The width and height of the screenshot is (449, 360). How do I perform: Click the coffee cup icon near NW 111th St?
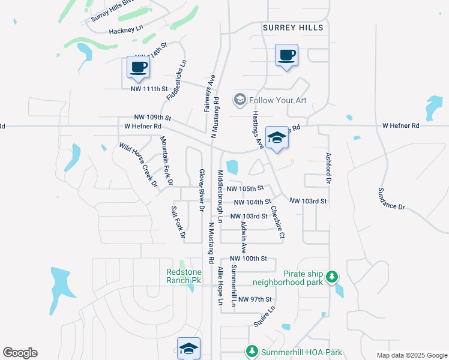(138, 67)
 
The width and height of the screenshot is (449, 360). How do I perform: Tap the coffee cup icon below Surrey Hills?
(286, 56)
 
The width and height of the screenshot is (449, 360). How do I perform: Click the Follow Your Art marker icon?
(240, 100)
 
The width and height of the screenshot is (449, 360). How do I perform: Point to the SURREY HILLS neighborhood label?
(293, 28)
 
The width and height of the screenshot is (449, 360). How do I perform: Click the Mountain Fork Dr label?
(166, 160)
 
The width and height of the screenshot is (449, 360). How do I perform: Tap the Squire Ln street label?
(264, 316)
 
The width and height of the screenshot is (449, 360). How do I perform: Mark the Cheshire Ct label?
(277, 222)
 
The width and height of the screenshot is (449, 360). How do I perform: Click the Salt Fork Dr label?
(178, 223)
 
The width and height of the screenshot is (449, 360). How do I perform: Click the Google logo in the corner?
(20, 353)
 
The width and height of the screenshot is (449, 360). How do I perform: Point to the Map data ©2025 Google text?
(411, 355)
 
